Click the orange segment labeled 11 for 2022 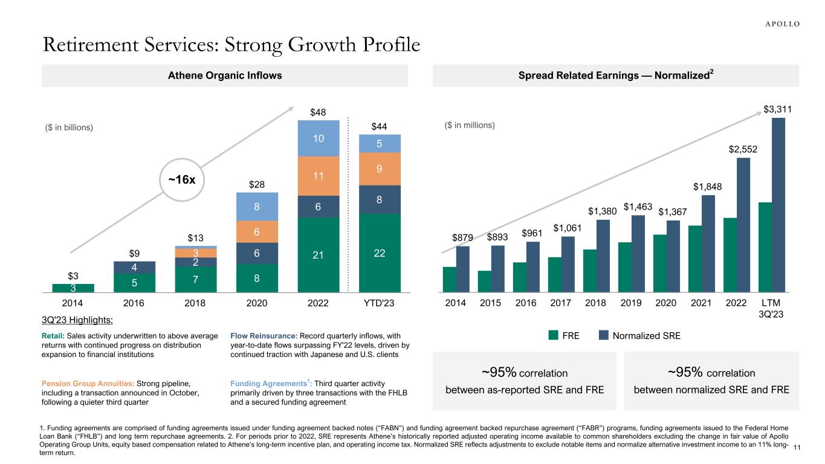(318, 176)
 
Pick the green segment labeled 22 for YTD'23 (379, 253)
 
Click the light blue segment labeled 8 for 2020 (256, 207)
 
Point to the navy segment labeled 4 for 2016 (134, 267)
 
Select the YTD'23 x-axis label (379, 304)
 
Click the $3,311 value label (778, 109)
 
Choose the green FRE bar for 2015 (484, 282)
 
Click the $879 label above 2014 (462, 237)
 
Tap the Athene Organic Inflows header (224, 76)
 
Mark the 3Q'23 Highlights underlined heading (70, 320)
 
